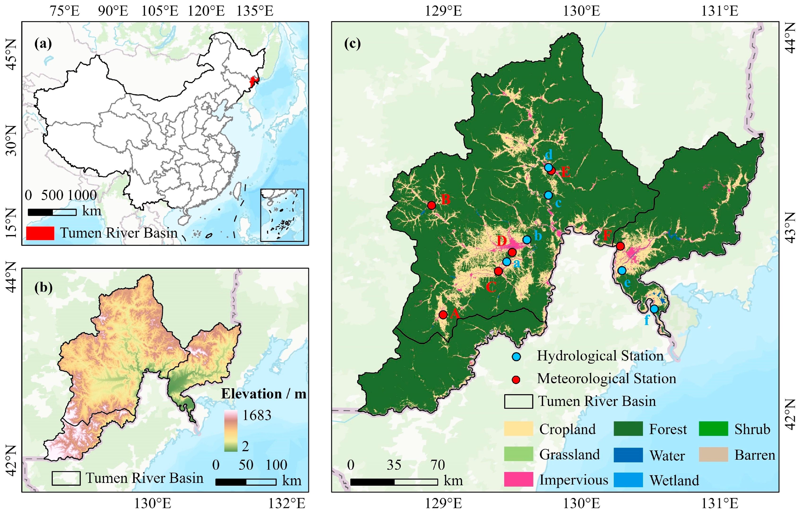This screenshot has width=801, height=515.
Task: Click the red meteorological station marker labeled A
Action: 443,315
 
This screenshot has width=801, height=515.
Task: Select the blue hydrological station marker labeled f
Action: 654,309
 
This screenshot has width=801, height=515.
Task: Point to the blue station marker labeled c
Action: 548,195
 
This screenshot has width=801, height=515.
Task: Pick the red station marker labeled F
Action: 620,246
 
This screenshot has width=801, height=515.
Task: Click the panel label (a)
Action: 43,44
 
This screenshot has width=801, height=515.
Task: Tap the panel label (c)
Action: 352,44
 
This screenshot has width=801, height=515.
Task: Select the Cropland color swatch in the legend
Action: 518,429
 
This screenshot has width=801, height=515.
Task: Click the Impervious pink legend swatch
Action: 518,480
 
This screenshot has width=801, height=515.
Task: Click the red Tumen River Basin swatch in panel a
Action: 40,233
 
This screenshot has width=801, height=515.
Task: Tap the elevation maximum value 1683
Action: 257,415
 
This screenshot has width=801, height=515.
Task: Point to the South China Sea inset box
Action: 282,215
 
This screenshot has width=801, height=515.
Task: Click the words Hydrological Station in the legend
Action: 600,356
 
